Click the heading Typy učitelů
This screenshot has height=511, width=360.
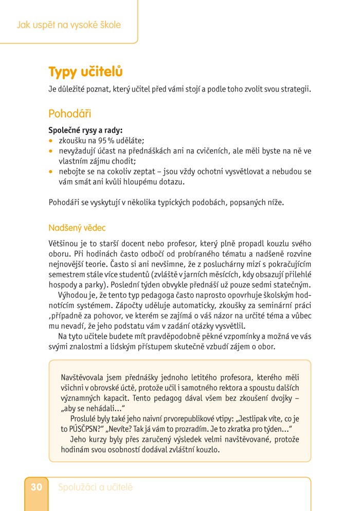(85, 72)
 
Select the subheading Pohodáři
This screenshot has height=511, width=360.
(69, 113)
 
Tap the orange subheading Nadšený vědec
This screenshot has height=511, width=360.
(77, 227)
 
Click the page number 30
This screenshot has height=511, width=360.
(36, 487)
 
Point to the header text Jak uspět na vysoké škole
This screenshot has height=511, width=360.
(68, 25)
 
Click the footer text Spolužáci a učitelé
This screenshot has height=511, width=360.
(95, 487)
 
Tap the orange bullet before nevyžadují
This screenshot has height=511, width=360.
(51, 151)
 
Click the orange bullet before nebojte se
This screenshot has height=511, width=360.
(51, 171)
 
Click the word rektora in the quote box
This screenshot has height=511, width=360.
(220, 387)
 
